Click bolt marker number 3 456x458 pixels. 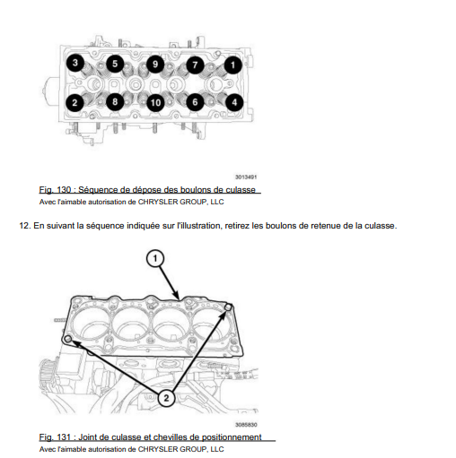coord(75,63)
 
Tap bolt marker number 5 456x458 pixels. coord(115,64)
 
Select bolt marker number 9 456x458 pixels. coord(155,65)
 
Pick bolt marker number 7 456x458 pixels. coord(195,65)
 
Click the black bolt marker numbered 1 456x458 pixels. coord(233,65)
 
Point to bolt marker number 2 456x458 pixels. coord(75,103)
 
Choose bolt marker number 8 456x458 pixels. coord(115,102)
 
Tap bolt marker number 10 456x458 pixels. coord(155,103)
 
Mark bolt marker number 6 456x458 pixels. coord(195,102)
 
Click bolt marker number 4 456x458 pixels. coord(234,102)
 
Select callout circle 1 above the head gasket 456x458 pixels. coord(155,258)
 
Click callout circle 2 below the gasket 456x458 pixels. coord(166,398)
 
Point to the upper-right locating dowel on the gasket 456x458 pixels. coord(228,307)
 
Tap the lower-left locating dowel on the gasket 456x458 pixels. coord(68,339)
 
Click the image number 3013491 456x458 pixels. coord(246,177)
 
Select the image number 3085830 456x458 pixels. coord(246,425)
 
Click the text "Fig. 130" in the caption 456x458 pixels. coord(55,190)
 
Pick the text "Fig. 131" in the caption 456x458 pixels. coord(55,437)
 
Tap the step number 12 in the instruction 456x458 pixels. coord(25,226)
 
